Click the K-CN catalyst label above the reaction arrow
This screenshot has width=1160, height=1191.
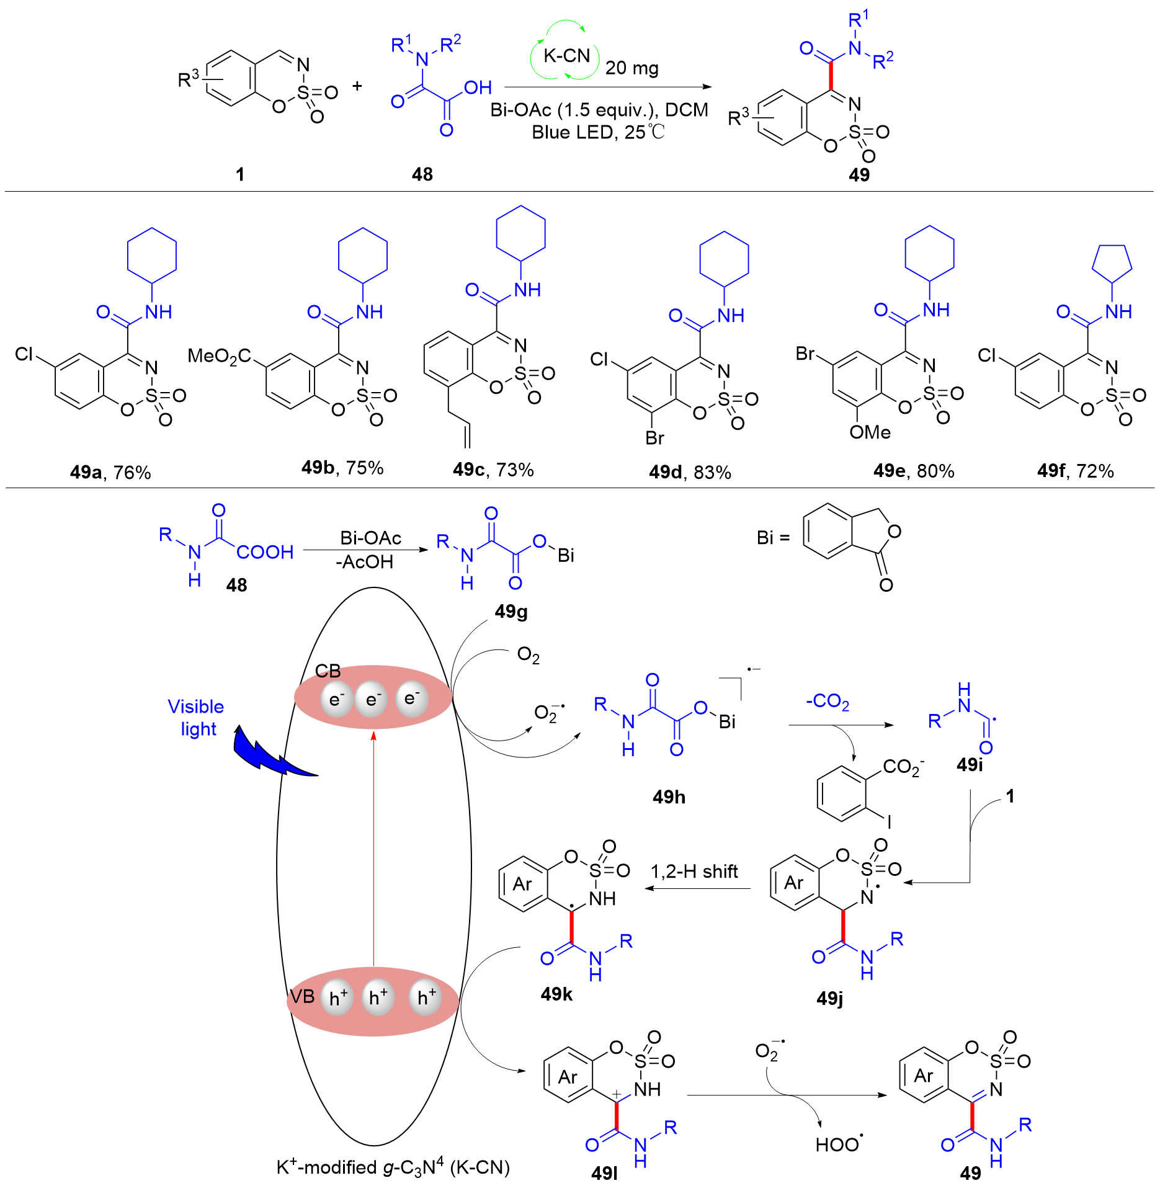566,56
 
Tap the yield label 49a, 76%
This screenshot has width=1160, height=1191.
110,473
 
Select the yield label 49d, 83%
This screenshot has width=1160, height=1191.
690,473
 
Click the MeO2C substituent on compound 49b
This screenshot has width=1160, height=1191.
219,356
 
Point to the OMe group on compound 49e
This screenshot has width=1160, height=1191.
870,432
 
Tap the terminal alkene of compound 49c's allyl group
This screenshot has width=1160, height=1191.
467,435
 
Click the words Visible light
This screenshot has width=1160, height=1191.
196,718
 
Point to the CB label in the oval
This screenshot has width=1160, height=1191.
328,671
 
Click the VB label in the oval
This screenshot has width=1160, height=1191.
302,997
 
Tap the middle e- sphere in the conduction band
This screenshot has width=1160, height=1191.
372,700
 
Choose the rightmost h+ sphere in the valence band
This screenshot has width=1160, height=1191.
426,997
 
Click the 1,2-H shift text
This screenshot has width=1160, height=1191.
694,872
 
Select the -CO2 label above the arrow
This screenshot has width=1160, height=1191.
828,702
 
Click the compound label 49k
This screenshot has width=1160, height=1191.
556,994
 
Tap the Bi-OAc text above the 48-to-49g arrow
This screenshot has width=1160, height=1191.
370,538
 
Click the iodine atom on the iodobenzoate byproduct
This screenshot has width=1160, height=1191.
889,822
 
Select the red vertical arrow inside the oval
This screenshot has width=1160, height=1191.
373,849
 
